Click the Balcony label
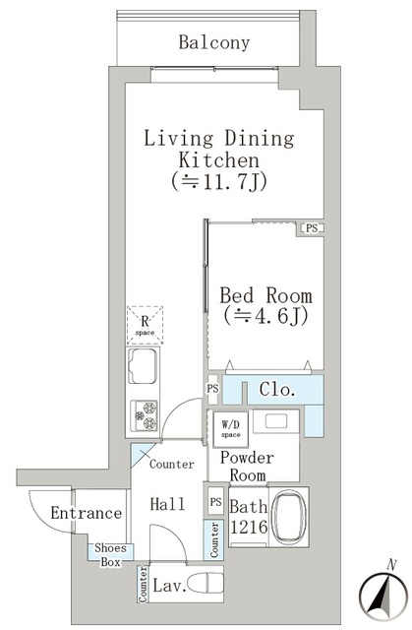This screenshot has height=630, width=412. (x=214, y=42)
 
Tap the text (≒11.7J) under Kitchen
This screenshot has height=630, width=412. (x=219, y=182)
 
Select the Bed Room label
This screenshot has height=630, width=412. (x=265, y=295)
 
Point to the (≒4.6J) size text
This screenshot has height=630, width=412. (x=265, y=316)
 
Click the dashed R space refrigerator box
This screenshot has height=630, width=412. (x=145, y=325)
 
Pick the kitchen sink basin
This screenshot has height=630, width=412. (x=143, y=366)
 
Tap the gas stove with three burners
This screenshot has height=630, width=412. (x=144, y=415)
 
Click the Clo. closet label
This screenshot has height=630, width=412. (x=277, y=389)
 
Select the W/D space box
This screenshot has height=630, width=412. (x=231, y=429)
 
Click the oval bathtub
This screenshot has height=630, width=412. (x=289, y=517)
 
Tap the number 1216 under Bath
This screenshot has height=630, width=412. (x=249, y=527)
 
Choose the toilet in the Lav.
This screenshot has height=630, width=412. (x=205, y=583)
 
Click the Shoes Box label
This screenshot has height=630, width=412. (x=110, y=555)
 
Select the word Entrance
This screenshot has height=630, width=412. (x=87, y=513)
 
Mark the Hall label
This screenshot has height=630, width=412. (x=167, y=504)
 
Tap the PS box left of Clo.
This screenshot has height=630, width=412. (x=213, y=389)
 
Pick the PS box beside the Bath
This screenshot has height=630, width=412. (x=215, y=501)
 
